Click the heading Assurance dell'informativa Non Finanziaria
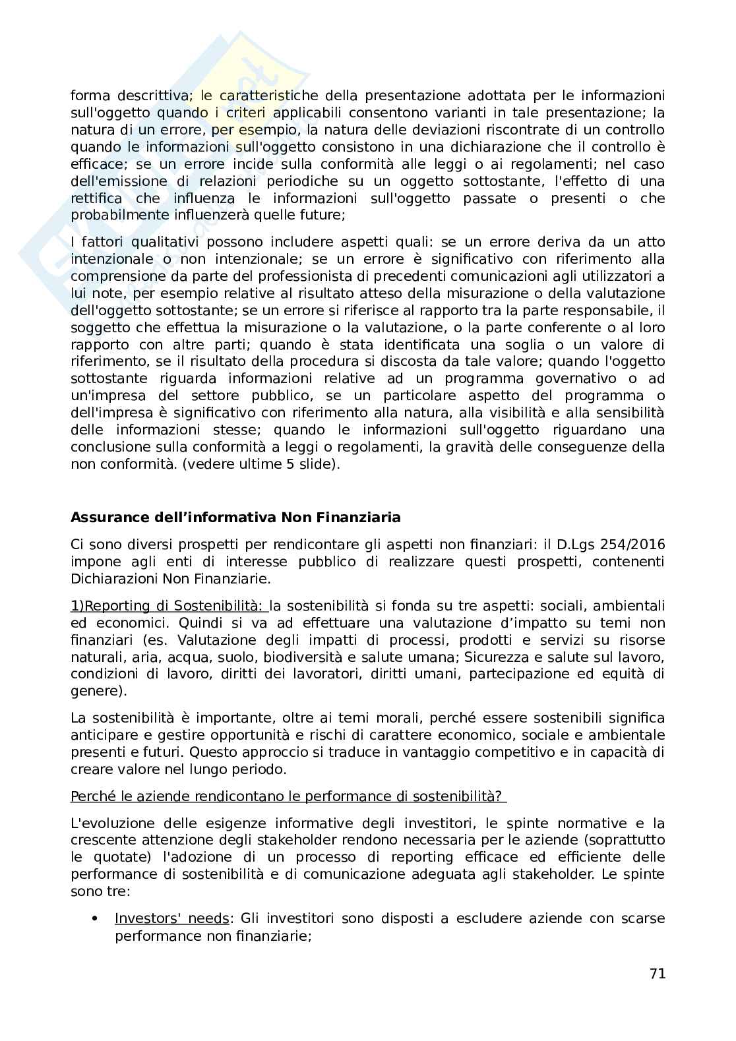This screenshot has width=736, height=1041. [235, 518]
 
